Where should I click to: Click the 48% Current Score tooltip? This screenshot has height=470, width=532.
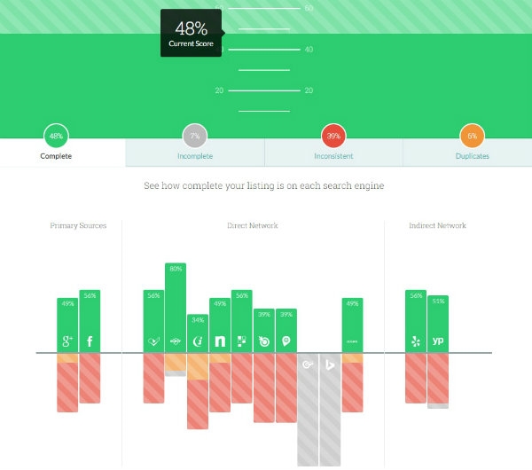[192, 34]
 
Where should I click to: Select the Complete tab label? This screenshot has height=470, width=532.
[56, 156]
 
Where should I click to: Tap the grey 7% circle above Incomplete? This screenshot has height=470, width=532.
[195, 137]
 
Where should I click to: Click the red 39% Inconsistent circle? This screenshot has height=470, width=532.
[333, 137]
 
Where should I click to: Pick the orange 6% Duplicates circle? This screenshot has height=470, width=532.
[472, 137]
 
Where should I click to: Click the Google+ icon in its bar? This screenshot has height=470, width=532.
[67, 341]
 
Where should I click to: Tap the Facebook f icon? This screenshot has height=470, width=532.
[90, 341]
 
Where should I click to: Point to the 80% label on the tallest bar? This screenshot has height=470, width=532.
[176, 269]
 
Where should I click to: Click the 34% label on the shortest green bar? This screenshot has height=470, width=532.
[198, 320]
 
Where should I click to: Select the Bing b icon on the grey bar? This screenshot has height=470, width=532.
[330, 364]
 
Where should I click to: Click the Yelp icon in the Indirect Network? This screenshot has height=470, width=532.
[416, 341]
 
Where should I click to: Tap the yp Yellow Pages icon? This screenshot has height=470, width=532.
[438, 341]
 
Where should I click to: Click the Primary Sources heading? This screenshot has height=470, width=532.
[78, 226]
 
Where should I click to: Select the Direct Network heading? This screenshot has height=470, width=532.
[253, 226]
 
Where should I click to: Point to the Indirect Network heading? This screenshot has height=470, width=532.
[437, 226]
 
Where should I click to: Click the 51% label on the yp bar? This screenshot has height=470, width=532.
[438, 302]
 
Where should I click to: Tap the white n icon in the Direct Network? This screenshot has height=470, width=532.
[220, 341]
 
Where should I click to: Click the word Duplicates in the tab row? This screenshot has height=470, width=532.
[472, 156]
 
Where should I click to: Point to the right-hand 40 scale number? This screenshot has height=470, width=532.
[309, 50]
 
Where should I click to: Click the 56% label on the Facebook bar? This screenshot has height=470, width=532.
[90, 295]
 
